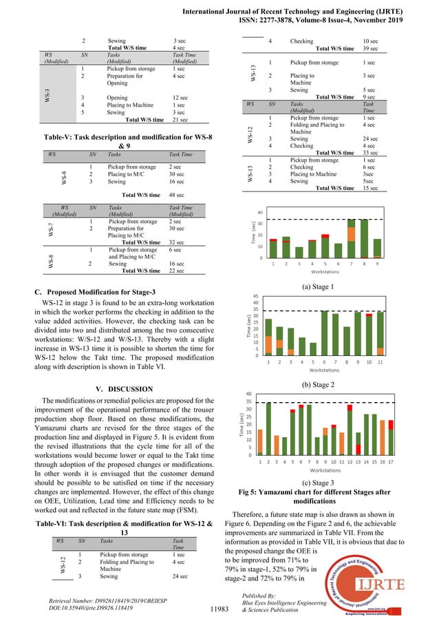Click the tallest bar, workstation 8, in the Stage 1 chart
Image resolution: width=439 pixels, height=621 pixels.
pos(364,238)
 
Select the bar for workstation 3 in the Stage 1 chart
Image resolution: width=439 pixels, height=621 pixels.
pos(299,253)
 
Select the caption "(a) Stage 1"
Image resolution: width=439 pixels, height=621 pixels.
pos(323,286)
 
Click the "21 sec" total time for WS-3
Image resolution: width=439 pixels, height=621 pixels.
pos(180,120)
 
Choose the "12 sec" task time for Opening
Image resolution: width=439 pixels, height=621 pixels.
pos(182,98)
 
